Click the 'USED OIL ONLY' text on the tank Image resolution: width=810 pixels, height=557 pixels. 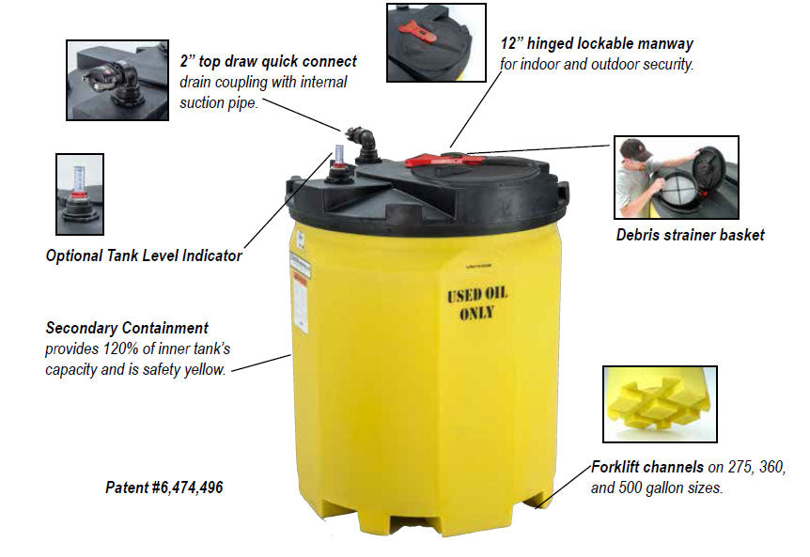click(477, 304)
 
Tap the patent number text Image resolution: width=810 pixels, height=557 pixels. click(164, 487)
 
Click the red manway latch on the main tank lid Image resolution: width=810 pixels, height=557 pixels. click(444, 160)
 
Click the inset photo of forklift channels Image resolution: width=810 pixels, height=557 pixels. click(660, 404)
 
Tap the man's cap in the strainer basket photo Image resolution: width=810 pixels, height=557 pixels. click(634, 149)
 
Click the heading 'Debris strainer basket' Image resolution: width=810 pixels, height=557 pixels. click(690, 236)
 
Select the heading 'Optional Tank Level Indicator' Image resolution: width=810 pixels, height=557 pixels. click(144, 255)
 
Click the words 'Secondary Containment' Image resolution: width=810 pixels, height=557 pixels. click(127, 328)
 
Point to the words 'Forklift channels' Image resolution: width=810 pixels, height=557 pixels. click(647, 467)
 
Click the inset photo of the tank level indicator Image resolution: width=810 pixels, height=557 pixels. click(80, 194)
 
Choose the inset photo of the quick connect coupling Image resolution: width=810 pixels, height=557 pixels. click(117, 80)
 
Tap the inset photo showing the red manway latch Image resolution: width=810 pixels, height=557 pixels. click(437, 42)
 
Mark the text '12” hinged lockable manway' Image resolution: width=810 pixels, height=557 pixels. click(597, 44)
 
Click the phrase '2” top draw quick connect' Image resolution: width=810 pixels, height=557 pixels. click(268, 61)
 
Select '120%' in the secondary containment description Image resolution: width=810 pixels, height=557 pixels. click(121, 349)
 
